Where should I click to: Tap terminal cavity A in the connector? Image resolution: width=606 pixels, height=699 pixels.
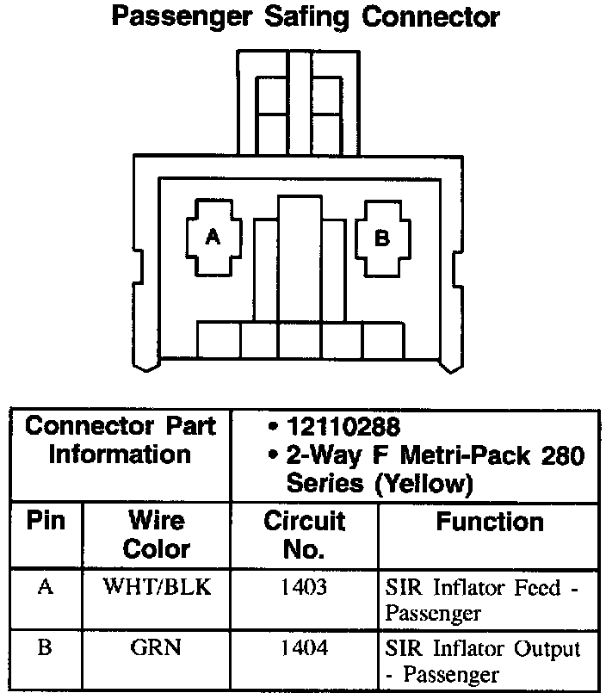(211, 238)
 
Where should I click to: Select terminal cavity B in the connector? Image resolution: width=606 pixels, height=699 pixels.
(382, 238)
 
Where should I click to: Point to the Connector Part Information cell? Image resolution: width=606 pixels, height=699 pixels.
(121, 440)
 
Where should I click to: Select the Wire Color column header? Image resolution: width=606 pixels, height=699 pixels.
(156, 535)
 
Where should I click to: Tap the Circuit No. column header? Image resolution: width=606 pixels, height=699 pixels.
(304, 535)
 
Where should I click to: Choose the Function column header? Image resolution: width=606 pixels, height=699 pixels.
(489, 522)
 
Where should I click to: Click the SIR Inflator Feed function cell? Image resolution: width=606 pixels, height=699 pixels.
(483, 601)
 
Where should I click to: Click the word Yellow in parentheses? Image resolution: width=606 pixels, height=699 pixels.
(422, 485)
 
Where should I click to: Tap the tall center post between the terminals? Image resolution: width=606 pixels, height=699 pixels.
(300, 258)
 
